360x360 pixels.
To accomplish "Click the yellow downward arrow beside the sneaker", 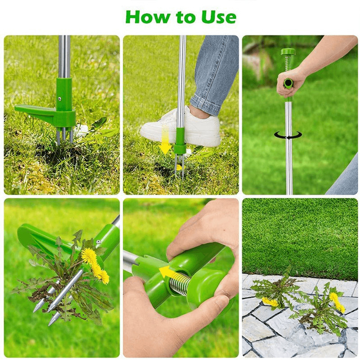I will (165, 140).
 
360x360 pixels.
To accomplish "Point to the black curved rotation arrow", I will (288, 135).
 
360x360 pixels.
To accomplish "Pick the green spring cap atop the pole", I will (288, 52).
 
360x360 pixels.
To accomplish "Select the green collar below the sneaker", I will (180, 142).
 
